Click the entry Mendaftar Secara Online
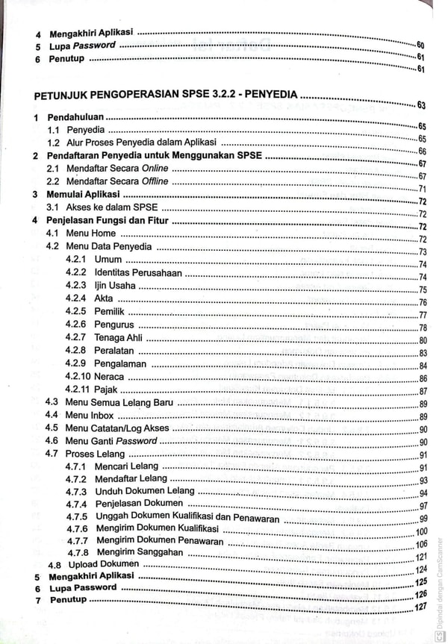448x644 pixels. click(x=116, y=169)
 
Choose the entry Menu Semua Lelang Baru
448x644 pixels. click(x=119, y=403)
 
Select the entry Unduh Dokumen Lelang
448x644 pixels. click(x=144, y=491)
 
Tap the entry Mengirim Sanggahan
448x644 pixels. click(x=140, y=552)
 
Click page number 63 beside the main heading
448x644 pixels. click(x=422, y=104)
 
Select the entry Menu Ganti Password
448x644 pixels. click(x=111, y=441)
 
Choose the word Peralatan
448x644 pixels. click(x=114, y=351)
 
